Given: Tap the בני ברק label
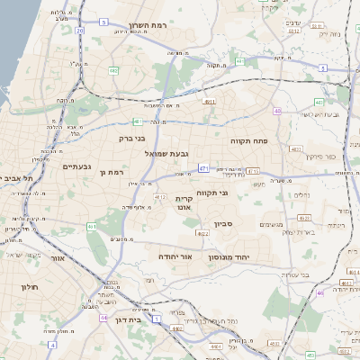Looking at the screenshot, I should [x=131, y=139].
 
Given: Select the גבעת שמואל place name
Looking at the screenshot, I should [x=166, y=154].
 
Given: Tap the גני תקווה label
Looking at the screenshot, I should [x=212, y=192].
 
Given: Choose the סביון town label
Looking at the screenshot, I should [x=223, y=223].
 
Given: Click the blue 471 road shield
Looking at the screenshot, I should [x=204, y=168].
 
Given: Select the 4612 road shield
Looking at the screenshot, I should [x=160, y=195].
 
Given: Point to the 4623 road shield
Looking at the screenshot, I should [x=303, y=218].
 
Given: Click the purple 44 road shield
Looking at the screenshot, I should [x=104, y=318].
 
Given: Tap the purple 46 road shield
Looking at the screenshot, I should [x=320, y=292].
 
